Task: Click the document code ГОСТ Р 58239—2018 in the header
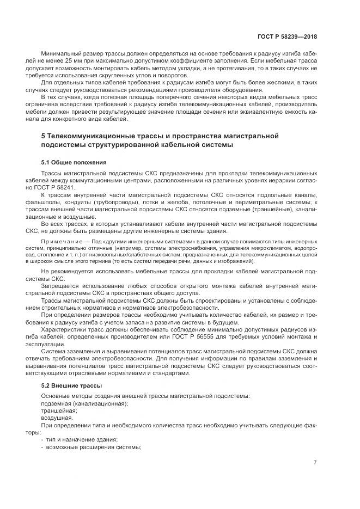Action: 288,37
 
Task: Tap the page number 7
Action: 315,463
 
